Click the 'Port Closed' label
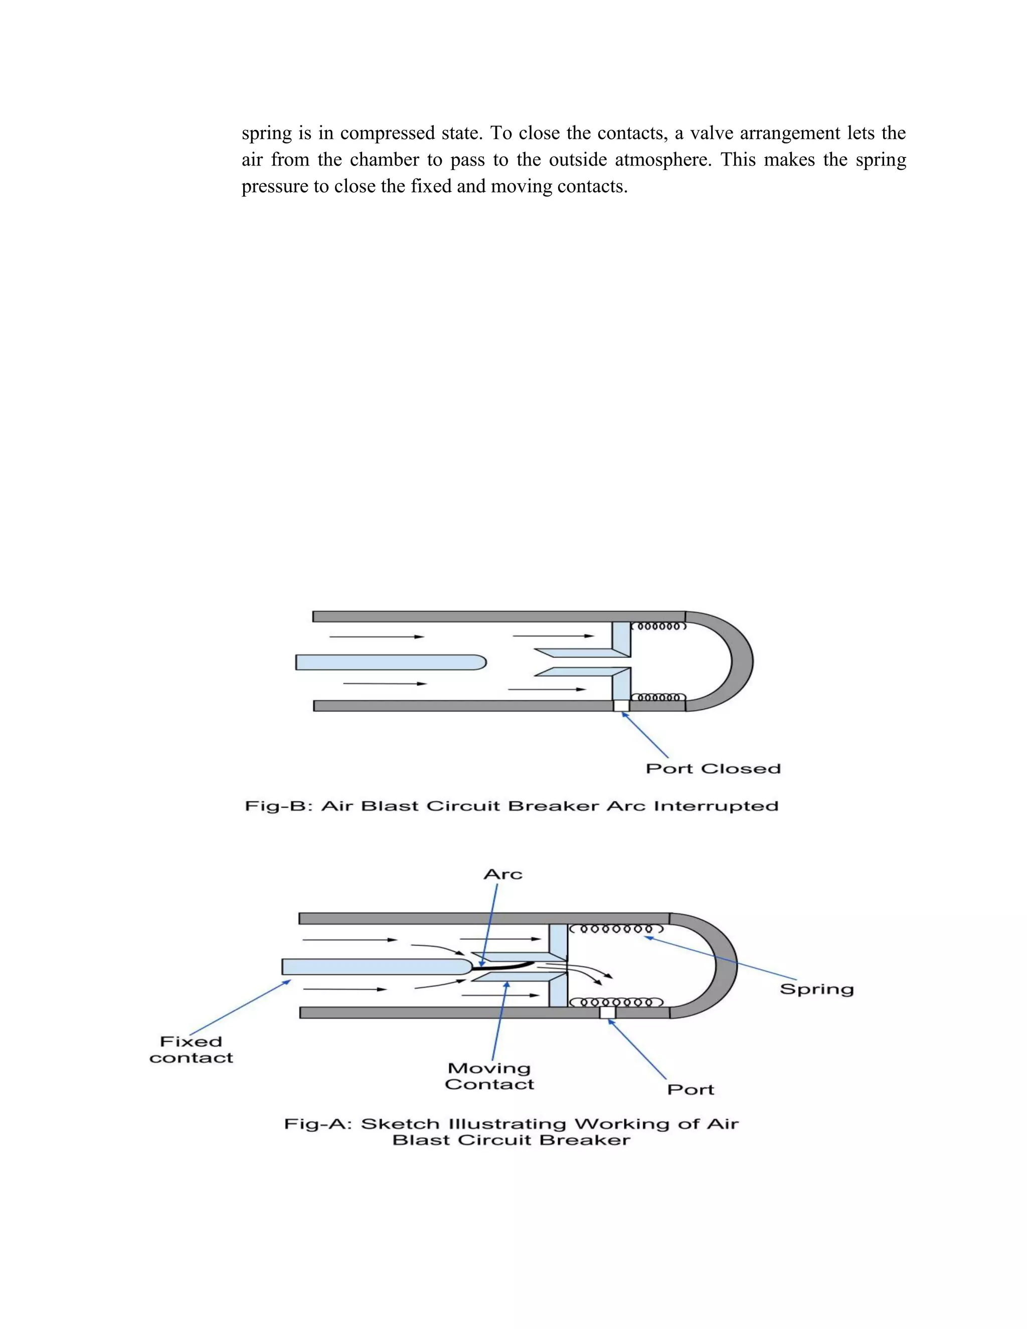click(713, 768)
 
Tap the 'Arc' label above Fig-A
click(502, 875)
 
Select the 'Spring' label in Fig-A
click(816, 989)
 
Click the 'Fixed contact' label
click(191, 1050)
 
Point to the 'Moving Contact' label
click(489, 1076)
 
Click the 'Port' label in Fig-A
click(690, 1089)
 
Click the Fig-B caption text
click(511, 806)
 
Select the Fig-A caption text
click(511, 1132)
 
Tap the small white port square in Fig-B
click(621, 705)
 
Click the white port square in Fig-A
click(607, 1013)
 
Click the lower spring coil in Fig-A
click(614, 1002)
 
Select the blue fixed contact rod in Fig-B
click(389, 662)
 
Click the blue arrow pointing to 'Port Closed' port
click(645, 735)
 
